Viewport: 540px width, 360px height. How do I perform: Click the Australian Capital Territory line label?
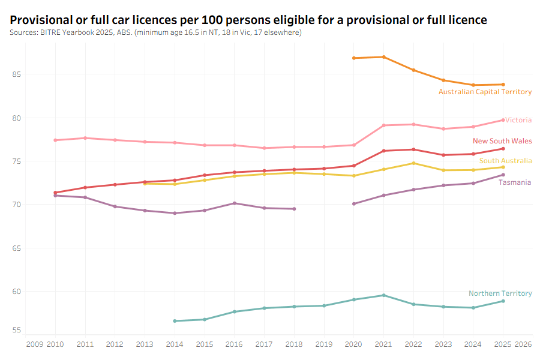point(485,92)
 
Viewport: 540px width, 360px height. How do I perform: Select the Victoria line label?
point(518,120)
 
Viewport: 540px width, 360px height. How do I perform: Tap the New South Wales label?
point(502,141)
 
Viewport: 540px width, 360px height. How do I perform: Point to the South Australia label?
point(505,161)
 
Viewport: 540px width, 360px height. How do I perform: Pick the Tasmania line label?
point(515,182)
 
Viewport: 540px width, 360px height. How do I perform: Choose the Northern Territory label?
point(500,293)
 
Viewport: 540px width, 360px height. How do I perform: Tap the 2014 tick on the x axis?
point(175,344)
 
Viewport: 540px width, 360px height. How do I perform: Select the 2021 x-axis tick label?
point(383,344)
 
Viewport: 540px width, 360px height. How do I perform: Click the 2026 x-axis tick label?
point(523,344)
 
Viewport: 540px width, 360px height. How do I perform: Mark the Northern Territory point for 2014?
point(175,321)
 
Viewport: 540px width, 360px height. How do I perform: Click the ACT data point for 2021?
point(383,57)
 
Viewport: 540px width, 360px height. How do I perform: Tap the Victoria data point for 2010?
point(55,140)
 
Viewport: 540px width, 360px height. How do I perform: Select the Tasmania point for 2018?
point(294,209)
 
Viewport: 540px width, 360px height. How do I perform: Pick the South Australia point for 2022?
point(413,163)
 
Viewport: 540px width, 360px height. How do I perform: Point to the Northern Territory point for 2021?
point(383,295)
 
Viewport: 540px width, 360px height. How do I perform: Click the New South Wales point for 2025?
point(503,149)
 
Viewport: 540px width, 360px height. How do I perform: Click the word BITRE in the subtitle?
point(49,32)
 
